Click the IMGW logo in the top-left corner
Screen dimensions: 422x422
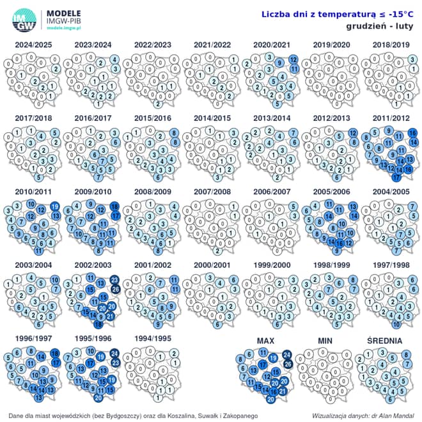[24, 20]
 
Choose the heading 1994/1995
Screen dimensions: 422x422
[152, 338]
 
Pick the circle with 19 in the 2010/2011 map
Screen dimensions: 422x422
[55, 207]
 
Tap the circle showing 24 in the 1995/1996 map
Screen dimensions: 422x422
[114, 354]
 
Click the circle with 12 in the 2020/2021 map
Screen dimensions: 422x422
[293, 59]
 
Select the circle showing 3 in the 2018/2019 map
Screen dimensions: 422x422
[413, 59]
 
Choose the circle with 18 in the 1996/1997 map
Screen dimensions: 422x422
[55, 354]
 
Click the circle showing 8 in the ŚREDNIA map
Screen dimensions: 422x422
[407, 354]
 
